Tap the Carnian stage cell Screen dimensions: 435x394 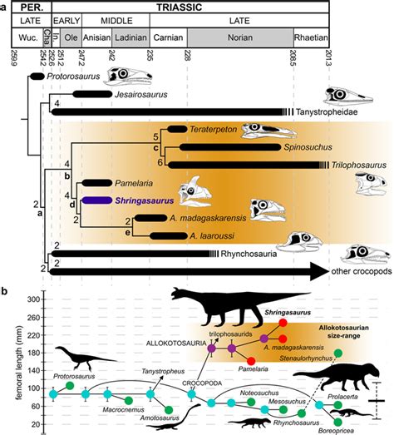coord(168,38)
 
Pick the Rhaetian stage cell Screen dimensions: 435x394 coord(311,38)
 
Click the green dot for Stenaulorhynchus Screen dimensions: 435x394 coord(337,355)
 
